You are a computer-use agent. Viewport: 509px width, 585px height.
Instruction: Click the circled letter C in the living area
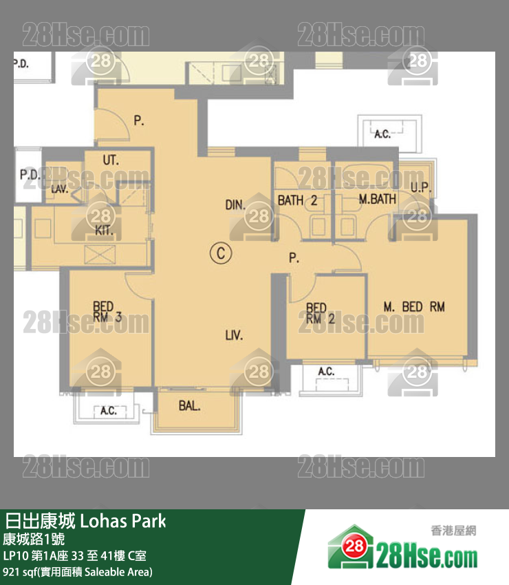[219, 253]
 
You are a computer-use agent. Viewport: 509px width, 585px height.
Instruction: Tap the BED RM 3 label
[108, 312]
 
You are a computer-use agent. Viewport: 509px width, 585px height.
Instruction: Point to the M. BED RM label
[414, 307]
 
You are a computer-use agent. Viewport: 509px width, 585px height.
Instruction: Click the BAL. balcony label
[189, 406]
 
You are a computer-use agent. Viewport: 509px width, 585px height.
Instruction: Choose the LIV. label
[234, 336]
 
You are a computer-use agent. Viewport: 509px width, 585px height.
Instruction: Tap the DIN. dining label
[235, 204]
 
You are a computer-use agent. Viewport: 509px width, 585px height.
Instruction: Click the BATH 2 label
[297, 200]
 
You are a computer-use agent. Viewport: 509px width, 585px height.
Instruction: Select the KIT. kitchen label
[105, 230]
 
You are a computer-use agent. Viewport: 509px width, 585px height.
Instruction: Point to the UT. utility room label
[111, 160]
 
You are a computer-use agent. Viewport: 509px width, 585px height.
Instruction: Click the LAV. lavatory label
[60, 189]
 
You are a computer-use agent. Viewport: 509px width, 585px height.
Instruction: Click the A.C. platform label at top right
[382, 134]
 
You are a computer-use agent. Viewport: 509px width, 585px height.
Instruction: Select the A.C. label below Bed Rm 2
[326, 372]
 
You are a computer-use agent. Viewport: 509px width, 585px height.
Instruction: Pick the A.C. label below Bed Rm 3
[108, 412]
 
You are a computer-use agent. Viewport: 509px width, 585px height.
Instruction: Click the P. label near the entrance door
[138, 121]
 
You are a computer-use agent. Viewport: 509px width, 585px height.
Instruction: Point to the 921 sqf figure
[21, 571]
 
